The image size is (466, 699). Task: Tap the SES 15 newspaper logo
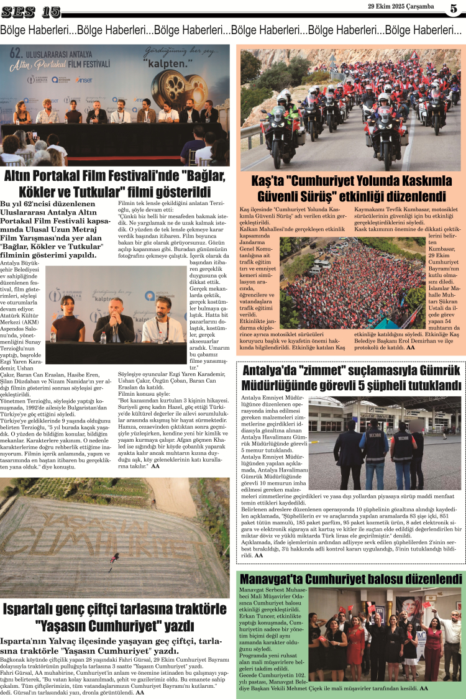(x=31, y=11)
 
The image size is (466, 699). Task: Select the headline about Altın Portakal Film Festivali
(x=116, y=184)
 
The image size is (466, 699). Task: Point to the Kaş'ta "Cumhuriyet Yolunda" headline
(x=351, y=189)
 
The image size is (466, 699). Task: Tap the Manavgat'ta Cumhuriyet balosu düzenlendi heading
(x=350, y=579)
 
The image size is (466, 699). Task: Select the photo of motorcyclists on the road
(x=351, y=109)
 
